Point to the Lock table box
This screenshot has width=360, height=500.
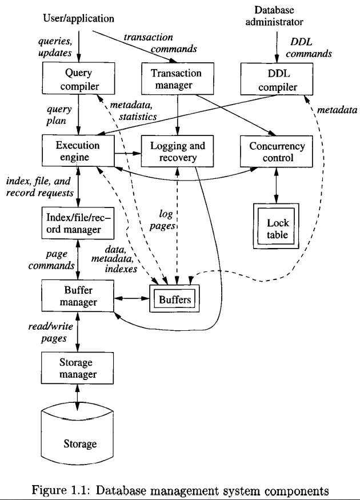[x=277, y=219]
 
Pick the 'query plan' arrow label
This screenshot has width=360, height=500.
[x=57, y=115]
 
